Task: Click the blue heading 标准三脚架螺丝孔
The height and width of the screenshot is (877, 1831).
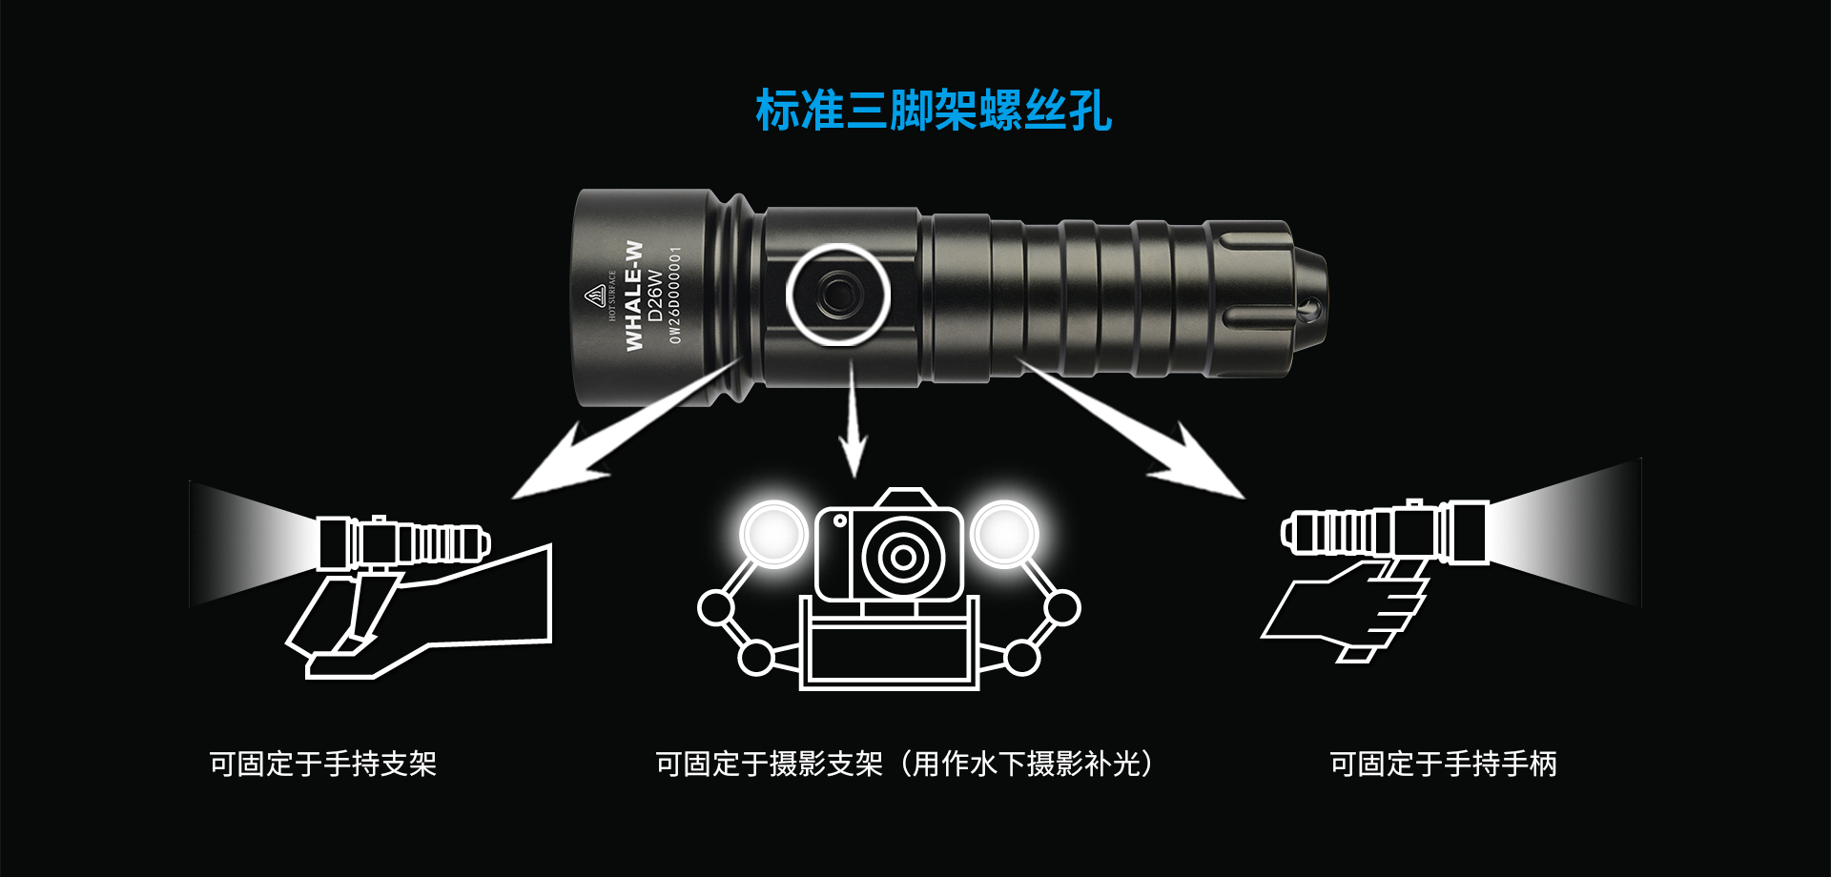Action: point(934,110)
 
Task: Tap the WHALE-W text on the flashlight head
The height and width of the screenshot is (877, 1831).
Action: point(634,296)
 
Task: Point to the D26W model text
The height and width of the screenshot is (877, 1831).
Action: point(655,296)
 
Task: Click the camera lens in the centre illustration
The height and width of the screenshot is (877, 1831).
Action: point(902,556)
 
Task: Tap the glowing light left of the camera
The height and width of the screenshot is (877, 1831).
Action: point(773,534)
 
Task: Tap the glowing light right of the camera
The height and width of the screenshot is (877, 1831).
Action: point(1005,534)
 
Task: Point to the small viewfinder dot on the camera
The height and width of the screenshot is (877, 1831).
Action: point(840,520)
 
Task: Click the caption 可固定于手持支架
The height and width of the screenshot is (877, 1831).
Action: point(322,764)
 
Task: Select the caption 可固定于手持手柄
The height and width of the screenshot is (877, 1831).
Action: point(1444,764)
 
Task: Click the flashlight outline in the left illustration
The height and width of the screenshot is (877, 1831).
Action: point(403,542)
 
